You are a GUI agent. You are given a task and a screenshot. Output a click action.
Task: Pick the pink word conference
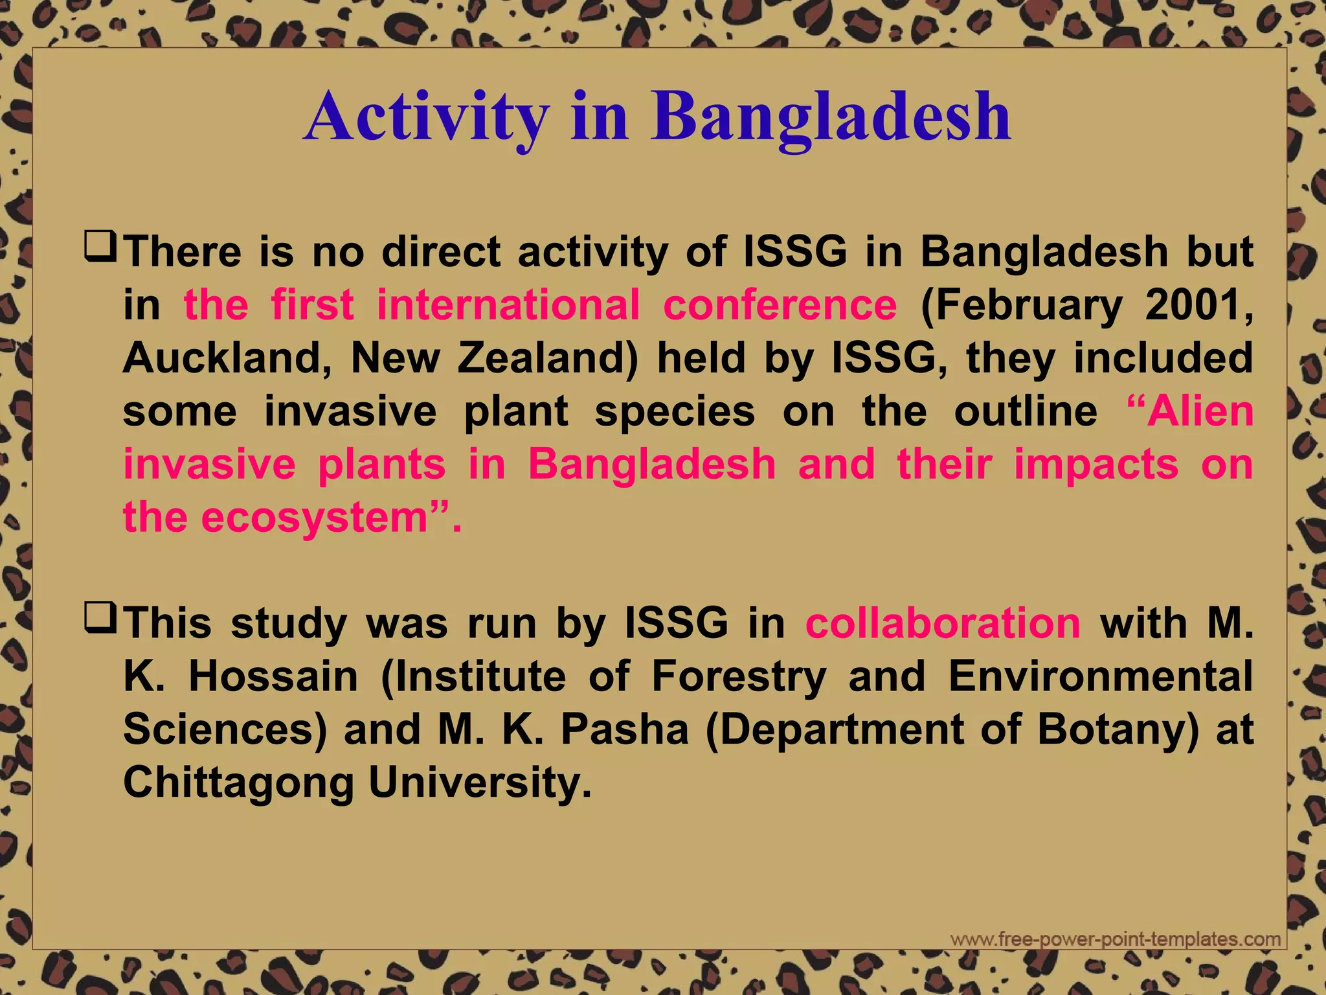780,304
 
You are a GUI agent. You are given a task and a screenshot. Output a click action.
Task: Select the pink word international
508,304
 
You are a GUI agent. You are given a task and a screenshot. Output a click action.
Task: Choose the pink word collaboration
943,623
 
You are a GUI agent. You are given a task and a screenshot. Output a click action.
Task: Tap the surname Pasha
624,729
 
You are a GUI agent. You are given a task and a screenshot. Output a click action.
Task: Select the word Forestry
739,676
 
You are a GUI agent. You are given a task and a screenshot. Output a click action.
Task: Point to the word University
480,784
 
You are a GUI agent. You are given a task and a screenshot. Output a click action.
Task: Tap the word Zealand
548,358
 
